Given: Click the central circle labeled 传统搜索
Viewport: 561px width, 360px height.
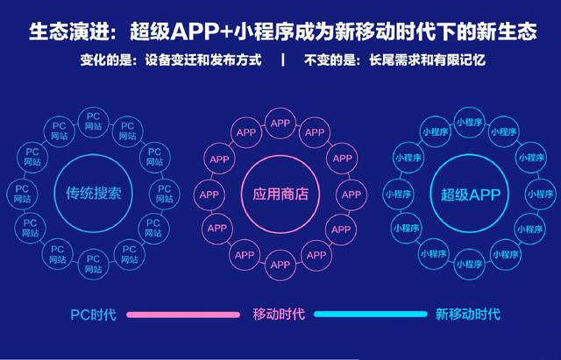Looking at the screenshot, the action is pos(94,194).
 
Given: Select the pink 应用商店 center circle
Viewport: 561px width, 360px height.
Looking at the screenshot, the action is pos(280,194).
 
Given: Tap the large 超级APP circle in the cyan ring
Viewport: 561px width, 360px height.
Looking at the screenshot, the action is pos(470,194).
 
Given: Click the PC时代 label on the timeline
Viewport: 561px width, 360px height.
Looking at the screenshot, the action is pos(94,314).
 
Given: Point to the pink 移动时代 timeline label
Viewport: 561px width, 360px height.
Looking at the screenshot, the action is pos(279,314).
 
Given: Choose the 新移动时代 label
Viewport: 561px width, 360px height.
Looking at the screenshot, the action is pos(467,314).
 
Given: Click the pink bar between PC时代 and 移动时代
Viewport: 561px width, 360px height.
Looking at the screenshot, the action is pos(183,314).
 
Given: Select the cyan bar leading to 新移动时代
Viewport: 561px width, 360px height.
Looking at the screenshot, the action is pos(370,314).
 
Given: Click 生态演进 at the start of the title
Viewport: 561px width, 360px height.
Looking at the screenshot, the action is pos(68,32).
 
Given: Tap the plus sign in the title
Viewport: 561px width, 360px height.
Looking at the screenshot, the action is pos(227,32).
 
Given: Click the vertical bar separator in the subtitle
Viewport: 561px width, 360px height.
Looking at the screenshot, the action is pos(283,60).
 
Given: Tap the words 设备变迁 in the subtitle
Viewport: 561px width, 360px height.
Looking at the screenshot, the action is pos(171,60).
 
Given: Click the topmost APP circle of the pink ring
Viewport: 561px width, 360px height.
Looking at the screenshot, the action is pos(280,123).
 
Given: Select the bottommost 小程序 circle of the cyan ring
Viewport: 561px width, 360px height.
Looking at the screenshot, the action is pos(470,265).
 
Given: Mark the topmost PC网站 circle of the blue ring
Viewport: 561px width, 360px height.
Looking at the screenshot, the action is pos(94,121).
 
